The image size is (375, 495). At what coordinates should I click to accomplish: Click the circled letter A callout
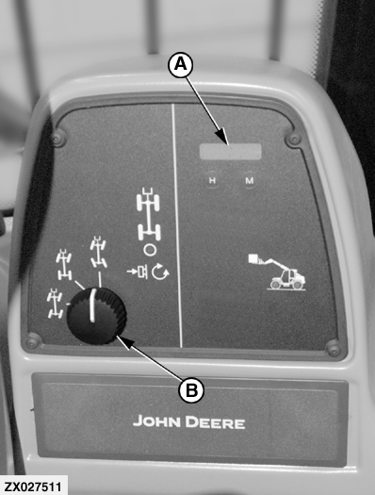point(180,65)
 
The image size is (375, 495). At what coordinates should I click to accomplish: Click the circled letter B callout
point(191,390)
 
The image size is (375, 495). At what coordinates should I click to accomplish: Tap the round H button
point(213,180)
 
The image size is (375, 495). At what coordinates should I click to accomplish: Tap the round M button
point(250,181)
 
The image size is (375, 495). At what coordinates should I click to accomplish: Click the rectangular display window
point(231,152)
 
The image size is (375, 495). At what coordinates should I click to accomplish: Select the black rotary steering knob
point(96,316)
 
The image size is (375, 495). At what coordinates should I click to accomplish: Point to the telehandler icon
point(277,272)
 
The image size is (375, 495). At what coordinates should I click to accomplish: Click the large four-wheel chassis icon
point(149,214)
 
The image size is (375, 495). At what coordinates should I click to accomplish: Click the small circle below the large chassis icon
point(150,250)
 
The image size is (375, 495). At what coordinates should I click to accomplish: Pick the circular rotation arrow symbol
point(160,272)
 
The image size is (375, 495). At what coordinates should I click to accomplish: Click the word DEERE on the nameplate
point(215,422)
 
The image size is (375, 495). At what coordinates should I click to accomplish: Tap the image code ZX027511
point(33,487)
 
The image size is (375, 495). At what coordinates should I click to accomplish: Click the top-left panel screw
point(58,138)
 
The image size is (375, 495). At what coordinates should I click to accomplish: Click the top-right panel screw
point(294,139)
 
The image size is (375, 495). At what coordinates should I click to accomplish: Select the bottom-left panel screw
point(33,342)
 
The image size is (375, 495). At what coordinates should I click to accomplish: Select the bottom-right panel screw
point(334,348)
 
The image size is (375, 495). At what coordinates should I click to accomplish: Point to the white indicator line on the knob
point(92,305)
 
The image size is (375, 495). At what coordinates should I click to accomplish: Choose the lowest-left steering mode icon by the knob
point(55,304)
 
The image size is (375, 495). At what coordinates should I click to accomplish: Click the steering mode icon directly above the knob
point(98,253)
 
